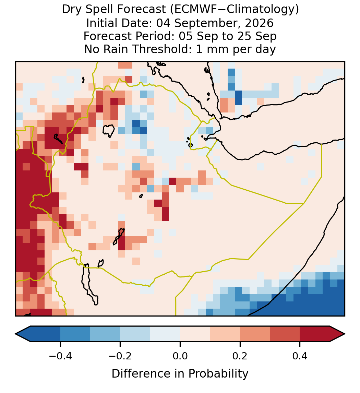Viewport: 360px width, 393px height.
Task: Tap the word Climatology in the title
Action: [256, 10]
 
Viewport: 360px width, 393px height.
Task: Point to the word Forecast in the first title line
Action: [142, 10]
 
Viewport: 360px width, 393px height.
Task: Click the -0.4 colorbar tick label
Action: [60, 356]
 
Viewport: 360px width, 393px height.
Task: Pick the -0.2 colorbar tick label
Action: [120, 356]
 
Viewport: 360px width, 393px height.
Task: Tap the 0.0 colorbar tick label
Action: [180, 356]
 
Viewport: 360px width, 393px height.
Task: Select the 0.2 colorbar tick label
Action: [240, 356]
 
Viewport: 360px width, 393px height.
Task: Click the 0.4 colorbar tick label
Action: [300, 356]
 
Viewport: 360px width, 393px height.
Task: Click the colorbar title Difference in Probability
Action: [180, 374]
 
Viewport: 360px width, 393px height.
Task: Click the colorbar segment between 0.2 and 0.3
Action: [255, 334]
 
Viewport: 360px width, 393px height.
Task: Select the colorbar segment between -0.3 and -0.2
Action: [105, 334]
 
